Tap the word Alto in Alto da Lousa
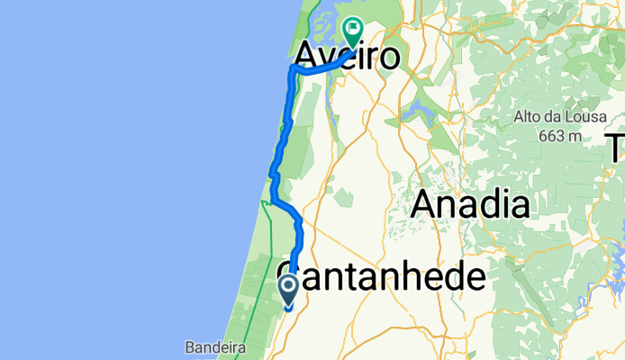pyautogui.click(x=527, y=116)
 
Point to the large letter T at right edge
pyautogui.click(x=616, y=146)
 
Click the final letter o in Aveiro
pyautogui.click(x=387, y=57)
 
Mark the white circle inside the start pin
pyautogui.click(x=289, y=286)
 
